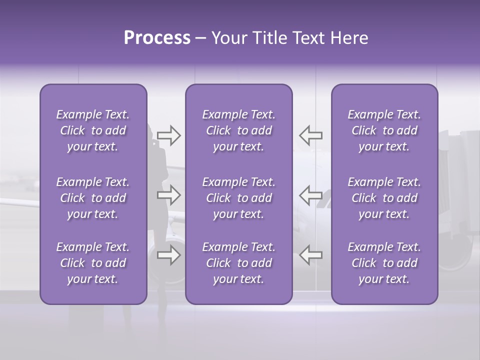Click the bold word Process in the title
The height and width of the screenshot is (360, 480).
point(157,38)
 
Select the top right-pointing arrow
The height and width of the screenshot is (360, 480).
point(168,135)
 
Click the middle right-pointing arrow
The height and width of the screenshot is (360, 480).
point(168,195)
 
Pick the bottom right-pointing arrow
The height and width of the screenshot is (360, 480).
point(168,255)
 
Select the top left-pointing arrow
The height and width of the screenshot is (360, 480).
point(310,135)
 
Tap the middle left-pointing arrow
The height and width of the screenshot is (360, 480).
point(310,195)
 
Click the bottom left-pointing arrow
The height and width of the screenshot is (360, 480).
point(310,255)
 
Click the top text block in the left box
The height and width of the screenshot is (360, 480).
point(93,130)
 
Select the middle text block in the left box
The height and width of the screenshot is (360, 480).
point(93,198)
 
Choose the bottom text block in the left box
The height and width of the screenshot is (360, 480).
point(93,263)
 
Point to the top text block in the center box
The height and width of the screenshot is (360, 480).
point(238,130)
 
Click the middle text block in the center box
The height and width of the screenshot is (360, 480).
point(238,198)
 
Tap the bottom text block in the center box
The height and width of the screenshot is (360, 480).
point(238,263)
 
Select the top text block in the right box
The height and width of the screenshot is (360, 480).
point(384,130)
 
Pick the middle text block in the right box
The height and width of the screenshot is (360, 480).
point(384,198)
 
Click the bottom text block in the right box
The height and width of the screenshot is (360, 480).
point(384,263)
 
